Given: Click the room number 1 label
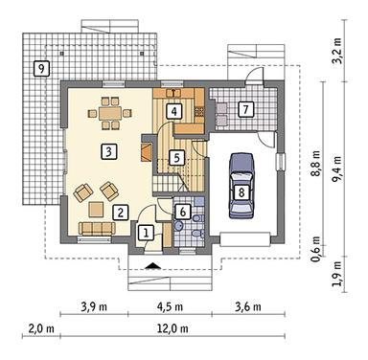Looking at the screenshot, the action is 146,234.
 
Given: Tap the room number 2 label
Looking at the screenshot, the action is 121,213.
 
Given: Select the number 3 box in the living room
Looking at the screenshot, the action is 108,151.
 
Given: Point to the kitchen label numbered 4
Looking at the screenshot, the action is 173,111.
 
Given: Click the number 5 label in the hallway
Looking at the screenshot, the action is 177,157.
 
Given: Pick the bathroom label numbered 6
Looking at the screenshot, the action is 182,212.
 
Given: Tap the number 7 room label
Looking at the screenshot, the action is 245,110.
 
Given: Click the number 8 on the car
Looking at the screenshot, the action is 241,192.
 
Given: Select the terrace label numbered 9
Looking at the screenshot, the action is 41,68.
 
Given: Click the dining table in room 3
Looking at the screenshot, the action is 110,113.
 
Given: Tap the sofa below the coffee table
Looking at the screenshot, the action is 97,228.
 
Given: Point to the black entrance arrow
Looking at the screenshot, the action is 153,265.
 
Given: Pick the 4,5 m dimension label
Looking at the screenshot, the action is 170,306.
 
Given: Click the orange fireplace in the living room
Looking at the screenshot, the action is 147,152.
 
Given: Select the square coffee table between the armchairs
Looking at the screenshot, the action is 96,209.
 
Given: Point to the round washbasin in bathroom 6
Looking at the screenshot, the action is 179,226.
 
